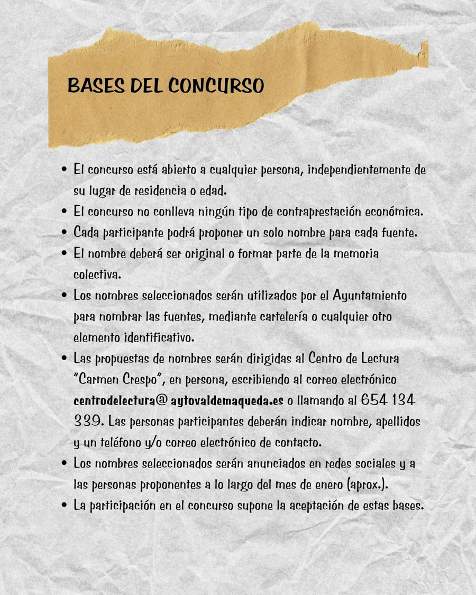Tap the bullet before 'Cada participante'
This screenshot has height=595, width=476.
pyautogui.click(x=64, y=232)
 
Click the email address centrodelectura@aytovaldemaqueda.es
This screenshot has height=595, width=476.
pyautogui.click(x=186, y=400)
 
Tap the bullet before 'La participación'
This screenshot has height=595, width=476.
pyautogui.click(x=64, y=505)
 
